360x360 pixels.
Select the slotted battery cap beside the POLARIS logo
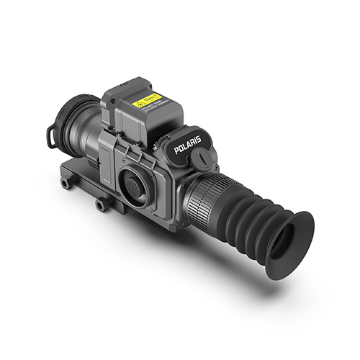(x=205, y=156)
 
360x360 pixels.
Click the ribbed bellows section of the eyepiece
(x=248, y=216)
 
